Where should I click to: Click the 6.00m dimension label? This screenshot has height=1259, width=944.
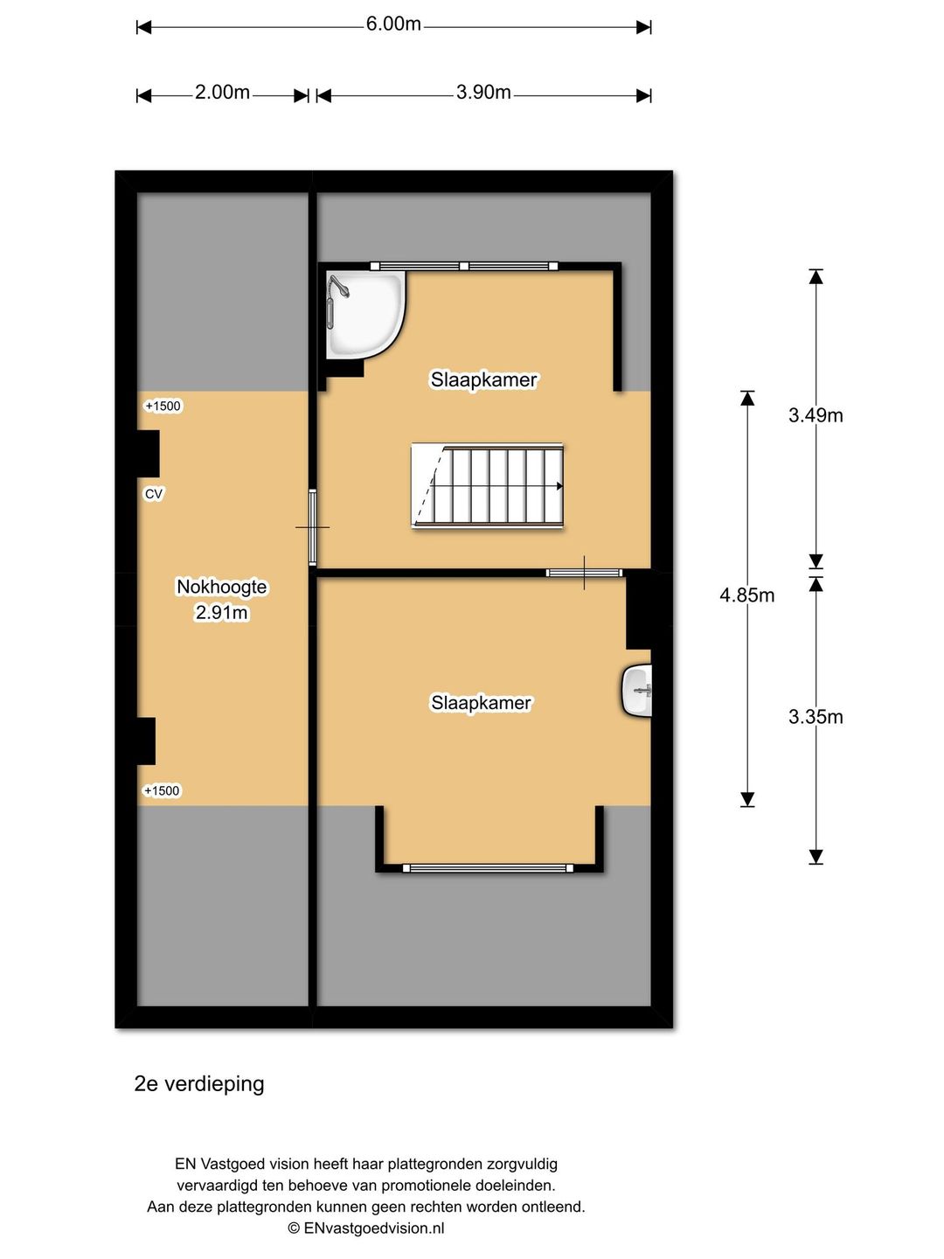(x=393, y=24)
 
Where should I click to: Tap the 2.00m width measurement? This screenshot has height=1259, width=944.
(x=222, y=93)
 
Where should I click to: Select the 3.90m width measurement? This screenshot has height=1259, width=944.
(x=483, y=93)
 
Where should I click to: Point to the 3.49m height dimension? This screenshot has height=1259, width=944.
(x=815, y=414)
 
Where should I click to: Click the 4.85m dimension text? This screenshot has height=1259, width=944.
(x=746, y=595)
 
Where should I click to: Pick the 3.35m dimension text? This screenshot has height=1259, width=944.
(x=815, y=716)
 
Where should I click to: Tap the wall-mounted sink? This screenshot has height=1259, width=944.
(x=637, y=690)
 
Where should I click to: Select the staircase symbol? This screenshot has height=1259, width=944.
(x=487, y=485)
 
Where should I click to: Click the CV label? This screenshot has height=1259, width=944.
(x=154, y=494)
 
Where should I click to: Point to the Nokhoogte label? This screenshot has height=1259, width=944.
(x=221, y=587)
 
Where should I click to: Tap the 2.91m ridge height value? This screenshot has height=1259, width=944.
(x=221, y=613)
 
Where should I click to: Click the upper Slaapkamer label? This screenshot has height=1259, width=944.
(x=483, y=379)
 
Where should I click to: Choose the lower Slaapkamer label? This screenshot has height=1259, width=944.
(x=481, y=703)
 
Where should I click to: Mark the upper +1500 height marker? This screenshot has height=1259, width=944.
(x=163, y=406)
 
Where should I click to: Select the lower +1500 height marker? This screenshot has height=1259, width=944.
(x=162, y=791)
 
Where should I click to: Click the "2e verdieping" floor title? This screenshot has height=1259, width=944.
(x=199, y=1084)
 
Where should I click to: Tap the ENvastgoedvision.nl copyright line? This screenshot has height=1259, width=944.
(x=365, y=1228)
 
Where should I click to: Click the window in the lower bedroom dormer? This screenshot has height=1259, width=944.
(x=488, y=868)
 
